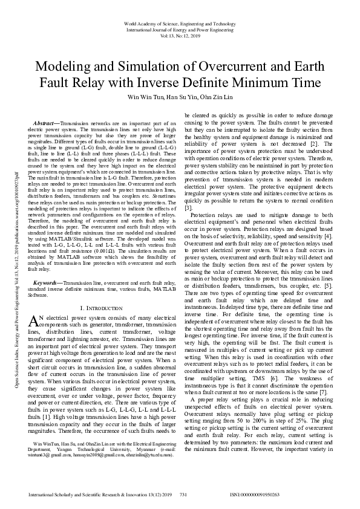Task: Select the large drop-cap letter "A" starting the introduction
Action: [x=33, y=320]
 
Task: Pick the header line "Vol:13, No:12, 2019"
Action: [x=180, y=36]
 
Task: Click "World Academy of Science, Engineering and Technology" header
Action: [x=180, y=24]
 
